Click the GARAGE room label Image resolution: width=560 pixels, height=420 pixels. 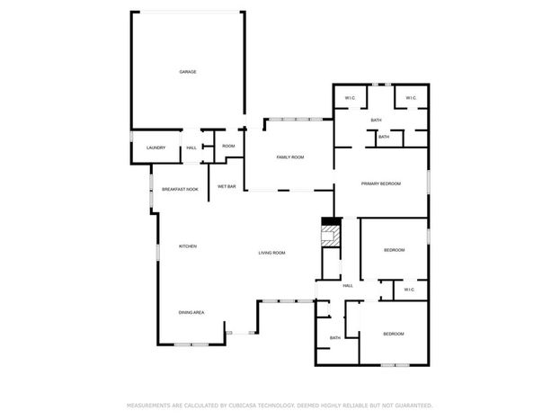coord(188,72)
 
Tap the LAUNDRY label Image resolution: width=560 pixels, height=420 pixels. coord(156,147)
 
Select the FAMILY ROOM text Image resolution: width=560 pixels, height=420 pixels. coord(290,156)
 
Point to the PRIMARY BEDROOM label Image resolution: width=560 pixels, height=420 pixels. coord(381,183)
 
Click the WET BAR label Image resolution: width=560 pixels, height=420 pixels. coord(227,186)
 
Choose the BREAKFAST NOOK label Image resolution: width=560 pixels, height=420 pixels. coord(180,189)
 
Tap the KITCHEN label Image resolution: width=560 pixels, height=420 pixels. coord(188,246)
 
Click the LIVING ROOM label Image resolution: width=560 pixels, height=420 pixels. coord(271,253)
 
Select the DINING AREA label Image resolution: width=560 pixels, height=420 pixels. coord(191,312)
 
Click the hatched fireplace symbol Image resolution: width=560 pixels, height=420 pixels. coord(331,236)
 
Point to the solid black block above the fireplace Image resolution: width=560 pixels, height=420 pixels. coord(331,221)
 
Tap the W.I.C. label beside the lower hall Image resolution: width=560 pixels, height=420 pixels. coord(409,290)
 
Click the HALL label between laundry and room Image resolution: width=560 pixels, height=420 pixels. coord(191,147)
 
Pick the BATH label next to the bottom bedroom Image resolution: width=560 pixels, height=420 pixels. coord(335,338)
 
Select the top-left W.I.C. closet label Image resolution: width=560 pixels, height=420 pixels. coord(351,98)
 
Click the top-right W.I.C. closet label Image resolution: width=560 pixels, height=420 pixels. coord(411,98)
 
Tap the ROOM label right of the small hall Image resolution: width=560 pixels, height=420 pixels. coord(228,146)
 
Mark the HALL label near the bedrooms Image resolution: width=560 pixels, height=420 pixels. coord(348,286)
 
